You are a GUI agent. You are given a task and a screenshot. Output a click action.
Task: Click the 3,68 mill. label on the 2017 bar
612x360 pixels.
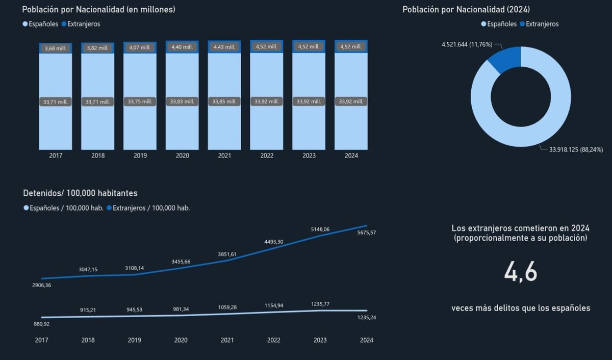coord(56,48)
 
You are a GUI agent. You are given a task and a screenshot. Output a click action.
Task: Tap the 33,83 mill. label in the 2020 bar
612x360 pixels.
coord(183,102)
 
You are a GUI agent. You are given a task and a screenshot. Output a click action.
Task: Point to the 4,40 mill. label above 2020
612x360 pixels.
coord(183,47)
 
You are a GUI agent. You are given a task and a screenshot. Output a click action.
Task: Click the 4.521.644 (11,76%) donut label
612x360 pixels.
coord(467,44)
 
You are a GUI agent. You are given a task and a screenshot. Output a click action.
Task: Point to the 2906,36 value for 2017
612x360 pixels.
coord(41,286)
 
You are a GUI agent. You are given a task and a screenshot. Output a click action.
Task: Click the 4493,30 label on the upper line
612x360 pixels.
coord(273,242)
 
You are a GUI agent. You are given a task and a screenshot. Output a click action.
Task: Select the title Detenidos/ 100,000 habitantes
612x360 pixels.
coord(80,193)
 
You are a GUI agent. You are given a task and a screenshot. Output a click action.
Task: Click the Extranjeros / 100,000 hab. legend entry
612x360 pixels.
coord(151,208)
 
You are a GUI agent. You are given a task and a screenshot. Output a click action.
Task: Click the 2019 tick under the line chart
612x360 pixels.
coord(135,340)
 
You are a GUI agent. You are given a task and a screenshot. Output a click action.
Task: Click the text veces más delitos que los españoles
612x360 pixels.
coord(521,308)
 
